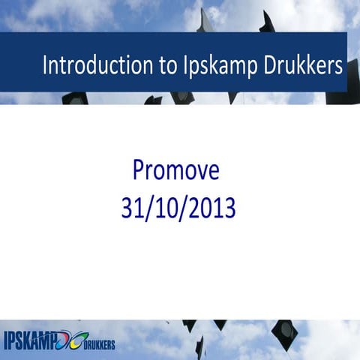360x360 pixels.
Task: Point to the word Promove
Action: pos(175,171)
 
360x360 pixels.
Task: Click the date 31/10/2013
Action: pos(178,208)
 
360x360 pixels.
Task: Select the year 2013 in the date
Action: pos(214,208)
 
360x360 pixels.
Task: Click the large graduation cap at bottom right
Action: pos(284,332)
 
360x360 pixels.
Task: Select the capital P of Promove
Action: pos(139,171)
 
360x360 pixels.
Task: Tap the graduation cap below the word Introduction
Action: pos(74,97)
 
